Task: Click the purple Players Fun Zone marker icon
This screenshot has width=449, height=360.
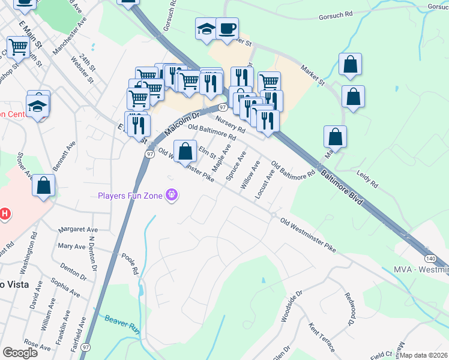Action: point(172,196)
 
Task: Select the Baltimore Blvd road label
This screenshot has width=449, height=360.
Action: point(342,188)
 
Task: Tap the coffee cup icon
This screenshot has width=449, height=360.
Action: point(227,29)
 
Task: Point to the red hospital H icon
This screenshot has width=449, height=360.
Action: point(5,213)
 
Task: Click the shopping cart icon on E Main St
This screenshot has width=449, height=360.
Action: point(19,46)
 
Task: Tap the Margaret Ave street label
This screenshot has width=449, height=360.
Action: point(78,230)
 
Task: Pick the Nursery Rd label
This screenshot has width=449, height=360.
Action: point(231,125)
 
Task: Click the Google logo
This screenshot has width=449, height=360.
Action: point(20,353)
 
